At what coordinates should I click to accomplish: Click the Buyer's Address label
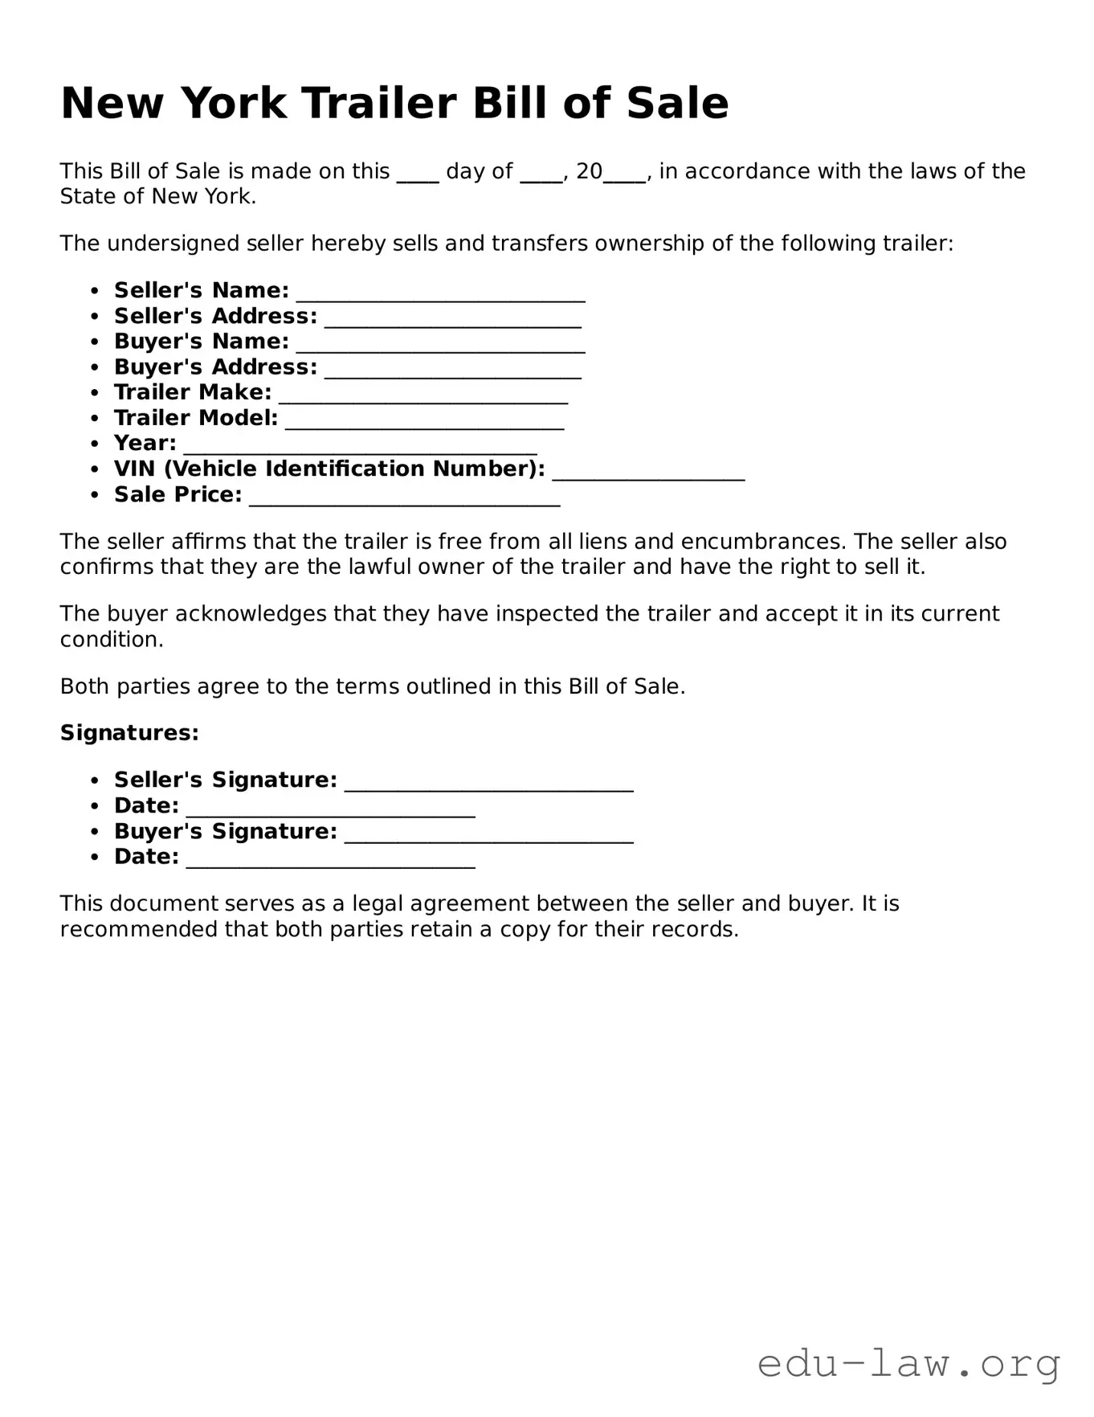pos(215,367)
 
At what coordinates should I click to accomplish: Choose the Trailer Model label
pos(195,418)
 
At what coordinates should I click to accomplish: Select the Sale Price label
pos(178,495)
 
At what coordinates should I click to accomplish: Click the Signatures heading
pos(129,733)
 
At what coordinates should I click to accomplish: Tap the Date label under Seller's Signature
pos(146,805)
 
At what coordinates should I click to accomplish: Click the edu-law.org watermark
pos(908,1364)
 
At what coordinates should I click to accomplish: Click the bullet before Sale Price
pos(96,495)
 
